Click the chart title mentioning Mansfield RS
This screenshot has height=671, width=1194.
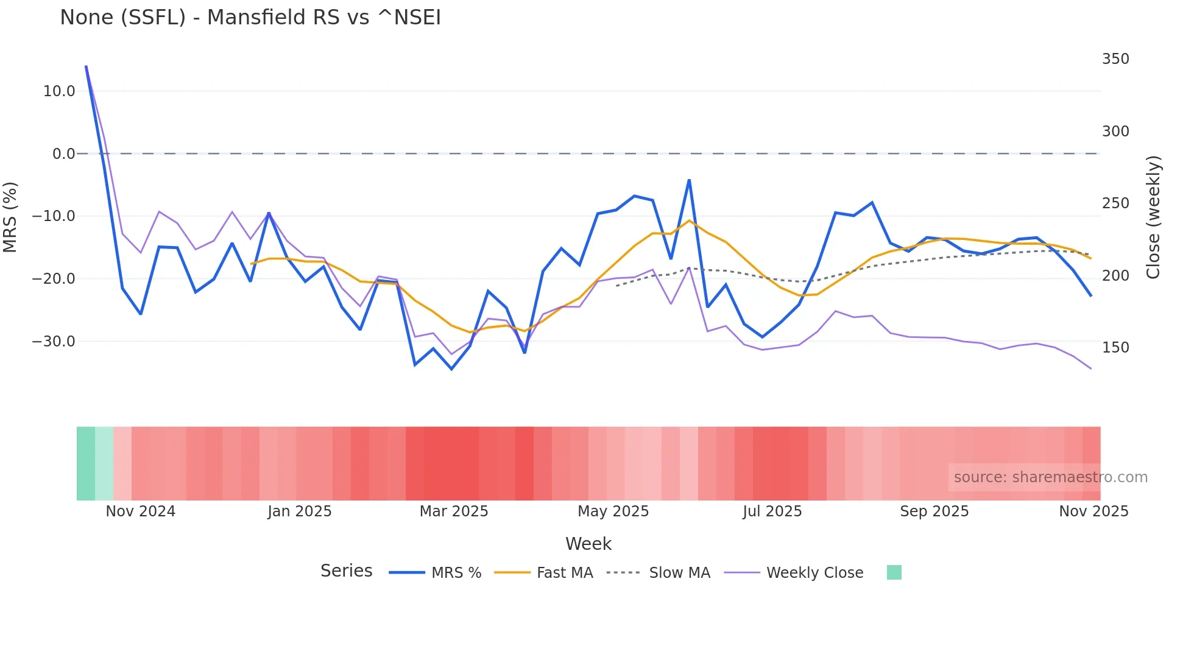pyautogui.click(x=250, y=18)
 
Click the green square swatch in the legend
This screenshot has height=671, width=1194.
pyautogui.click(x=894, y=572)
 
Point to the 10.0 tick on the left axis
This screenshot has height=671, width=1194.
pyautogui.click(x=59, y=91)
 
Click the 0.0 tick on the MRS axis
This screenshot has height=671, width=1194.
pyautogui.click(x=63, y=154)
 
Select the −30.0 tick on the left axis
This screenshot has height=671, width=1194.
pyautogui.click(x=54, y=342)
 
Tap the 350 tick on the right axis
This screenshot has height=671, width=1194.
pyautogui.click(x=1115, y=59)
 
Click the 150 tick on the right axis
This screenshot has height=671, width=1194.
pyautogui.click(x=1115, y=348)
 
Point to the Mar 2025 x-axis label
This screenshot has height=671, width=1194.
pyautogui.click(x=454, y=511)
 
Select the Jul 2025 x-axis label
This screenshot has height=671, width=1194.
pyautogui.click(x=772, y=511)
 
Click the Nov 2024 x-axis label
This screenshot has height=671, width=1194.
pyautogui.click(x=140, y=511)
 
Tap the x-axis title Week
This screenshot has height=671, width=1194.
pyautogui.click(x=588, y=544)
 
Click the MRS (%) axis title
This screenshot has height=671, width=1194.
pyautogui.click(x=10, y=217)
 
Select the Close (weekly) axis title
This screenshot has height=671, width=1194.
pyautogui.click(x=1153, y=217)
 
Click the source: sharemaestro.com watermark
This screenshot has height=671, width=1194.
pyautogui.click(x=1050, y=477)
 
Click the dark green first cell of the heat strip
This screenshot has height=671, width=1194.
pyautogui.click(x=86, y=463)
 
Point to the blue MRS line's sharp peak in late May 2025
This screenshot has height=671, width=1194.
pyautogui.click(x=689, y=180)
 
